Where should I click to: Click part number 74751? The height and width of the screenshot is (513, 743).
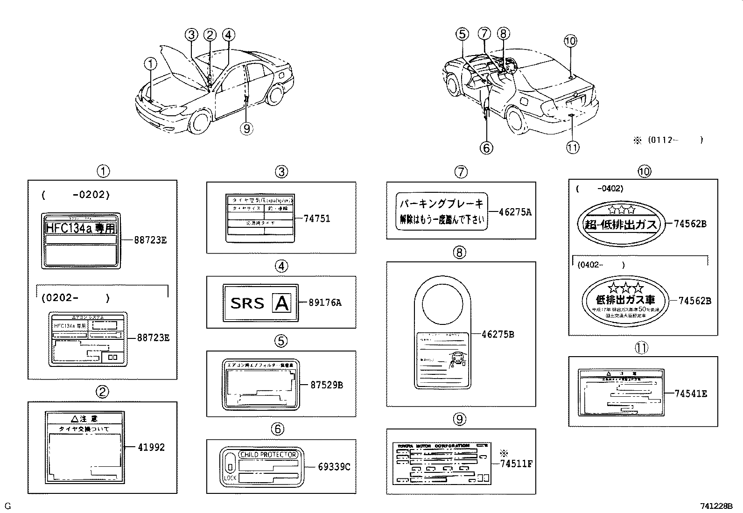[x=316, y=218]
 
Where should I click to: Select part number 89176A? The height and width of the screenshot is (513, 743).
[x=325, y=302]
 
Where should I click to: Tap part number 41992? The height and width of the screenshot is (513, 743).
[x=151, y=447]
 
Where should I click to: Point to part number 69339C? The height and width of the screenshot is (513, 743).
[x=334, y=466]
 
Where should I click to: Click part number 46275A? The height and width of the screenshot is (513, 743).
[x=515, y=212]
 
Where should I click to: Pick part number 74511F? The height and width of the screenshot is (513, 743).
[x=516, y=464]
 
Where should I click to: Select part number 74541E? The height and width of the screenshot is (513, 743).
[x=691, y=394]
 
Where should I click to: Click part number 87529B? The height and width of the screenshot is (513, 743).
[x=327, y=385]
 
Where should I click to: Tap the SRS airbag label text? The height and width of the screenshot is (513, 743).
[x=247, y=303]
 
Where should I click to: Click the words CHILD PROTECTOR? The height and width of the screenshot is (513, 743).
[x=268, y=455]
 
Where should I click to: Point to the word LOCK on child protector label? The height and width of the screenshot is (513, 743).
[x=230, y=478]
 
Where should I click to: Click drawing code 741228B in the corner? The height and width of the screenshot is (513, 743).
[x=716, y=506]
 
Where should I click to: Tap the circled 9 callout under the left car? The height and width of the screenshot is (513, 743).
[x=246, y=128]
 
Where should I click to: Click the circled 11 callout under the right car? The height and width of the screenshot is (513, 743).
[x=572, y=148]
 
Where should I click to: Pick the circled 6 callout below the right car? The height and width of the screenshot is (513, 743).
[x=486, y=148]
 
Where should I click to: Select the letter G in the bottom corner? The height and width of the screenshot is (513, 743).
[x=7, y=506]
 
